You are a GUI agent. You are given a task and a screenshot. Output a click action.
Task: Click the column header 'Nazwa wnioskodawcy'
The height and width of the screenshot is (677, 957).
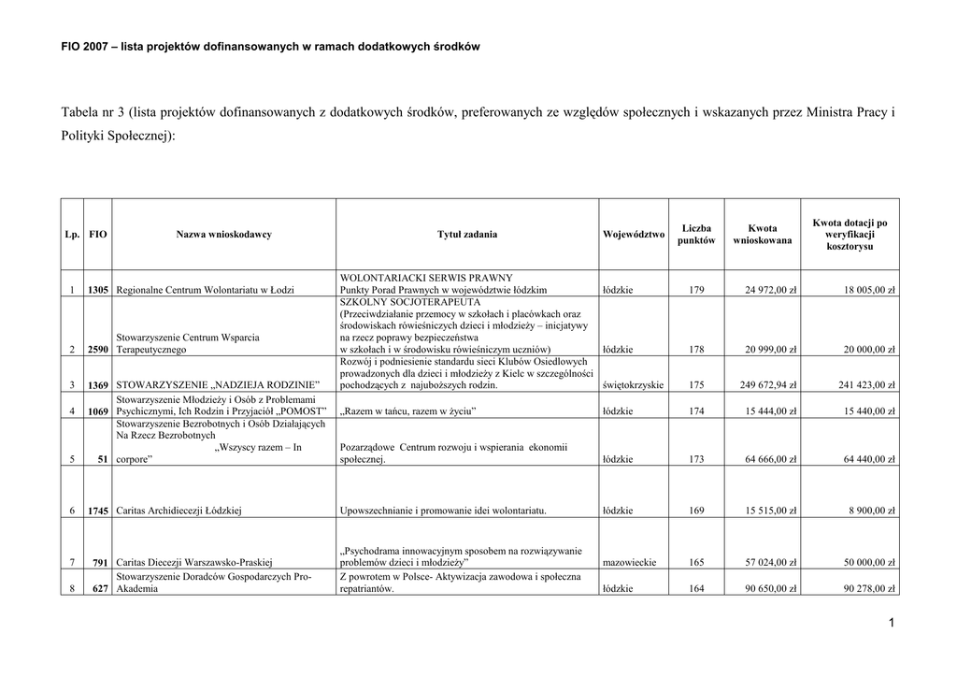click(x=223, y=235)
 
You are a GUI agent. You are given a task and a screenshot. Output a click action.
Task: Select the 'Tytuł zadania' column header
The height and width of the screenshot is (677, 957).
click(x=467, y=235)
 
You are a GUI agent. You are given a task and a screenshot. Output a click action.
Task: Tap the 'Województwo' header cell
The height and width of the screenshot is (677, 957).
click(x=634, y=235)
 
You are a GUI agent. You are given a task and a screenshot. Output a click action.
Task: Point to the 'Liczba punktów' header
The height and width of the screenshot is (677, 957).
click(x=696, y=235)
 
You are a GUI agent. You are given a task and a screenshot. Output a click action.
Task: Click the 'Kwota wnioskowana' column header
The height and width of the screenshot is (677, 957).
click(x=762, y=235)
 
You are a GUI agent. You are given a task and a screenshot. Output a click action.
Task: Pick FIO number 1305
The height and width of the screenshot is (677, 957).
click(x=98, y=290)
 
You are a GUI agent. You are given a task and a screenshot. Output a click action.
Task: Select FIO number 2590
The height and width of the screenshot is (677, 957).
click(x=98, y=350)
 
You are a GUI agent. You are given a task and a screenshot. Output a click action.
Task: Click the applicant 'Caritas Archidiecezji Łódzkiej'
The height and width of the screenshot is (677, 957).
click(x=179, y=511)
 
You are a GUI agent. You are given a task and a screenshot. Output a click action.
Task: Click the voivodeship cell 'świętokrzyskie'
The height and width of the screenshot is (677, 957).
click(x=634, y=385)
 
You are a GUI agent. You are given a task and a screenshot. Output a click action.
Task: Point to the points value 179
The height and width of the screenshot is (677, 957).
click(x=696, y=290)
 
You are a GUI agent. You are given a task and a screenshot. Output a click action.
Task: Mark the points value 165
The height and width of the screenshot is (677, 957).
click(x=696, y=563)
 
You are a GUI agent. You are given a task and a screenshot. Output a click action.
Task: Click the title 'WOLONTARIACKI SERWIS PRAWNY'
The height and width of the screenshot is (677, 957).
click(x=426, y=278)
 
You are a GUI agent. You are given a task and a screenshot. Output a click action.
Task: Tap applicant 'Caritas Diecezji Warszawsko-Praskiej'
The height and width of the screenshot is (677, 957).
click(x=193, y=563)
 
